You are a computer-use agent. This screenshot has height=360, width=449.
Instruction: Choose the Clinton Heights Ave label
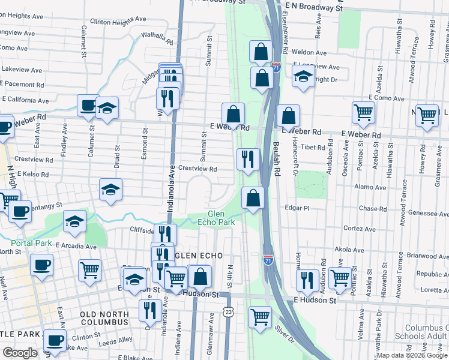point(118,20)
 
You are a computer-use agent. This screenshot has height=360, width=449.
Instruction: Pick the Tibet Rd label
point(313,147)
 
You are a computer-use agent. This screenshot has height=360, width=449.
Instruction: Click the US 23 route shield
point(228,312)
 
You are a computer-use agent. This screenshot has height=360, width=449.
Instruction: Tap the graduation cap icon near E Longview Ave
point(303,76)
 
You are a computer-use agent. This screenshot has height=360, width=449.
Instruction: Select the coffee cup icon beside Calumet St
point(88,106)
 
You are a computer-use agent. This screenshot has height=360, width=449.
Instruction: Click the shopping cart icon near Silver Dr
point(260,316)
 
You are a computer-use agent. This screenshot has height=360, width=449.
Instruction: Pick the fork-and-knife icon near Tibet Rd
point(248,158)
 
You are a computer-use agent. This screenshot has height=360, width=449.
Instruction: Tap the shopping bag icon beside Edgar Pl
point(253,197)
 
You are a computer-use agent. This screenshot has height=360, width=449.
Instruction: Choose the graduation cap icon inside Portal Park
point(74,222)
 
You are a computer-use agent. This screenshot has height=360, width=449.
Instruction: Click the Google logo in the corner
point(20,353)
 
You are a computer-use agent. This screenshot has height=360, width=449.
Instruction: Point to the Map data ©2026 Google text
point(412,355)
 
